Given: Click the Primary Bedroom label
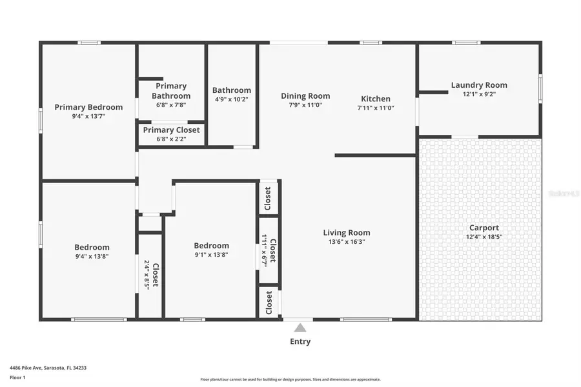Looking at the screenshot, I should pos(88,107).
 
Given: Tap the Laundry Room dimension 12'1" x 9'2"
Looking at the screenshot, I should pos(479,94).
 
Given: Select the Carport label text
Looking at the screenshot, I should pos(484,228).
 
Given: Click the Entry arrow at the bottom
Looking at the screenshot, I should pos(300,328).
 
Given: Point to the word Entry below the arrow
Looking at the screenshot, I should pos(300,341).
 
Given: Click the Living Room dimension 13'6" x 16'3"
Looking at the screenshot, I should pos(347,242).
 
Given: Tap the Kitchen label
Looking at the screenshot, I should pos(375,99).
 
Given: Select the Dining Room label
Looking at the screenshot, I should pos(305,96).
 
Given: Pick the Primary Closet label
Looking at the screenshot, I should pos(171,130).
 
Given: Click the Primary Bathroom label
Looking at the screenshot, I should pos(171,91).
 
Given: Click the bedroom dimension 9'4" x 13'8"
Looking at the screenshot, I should pos(92,256).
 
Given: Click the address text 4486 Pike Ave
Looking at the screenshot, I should pos(48,368).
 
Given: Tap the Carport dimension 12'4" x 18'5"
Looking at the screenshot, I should pos(484,237).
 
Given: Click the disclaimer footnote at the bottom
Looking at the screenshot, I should pos(290,379).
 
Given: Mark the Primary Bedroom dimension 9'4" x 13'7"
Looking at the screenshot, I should pos(88,117).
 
